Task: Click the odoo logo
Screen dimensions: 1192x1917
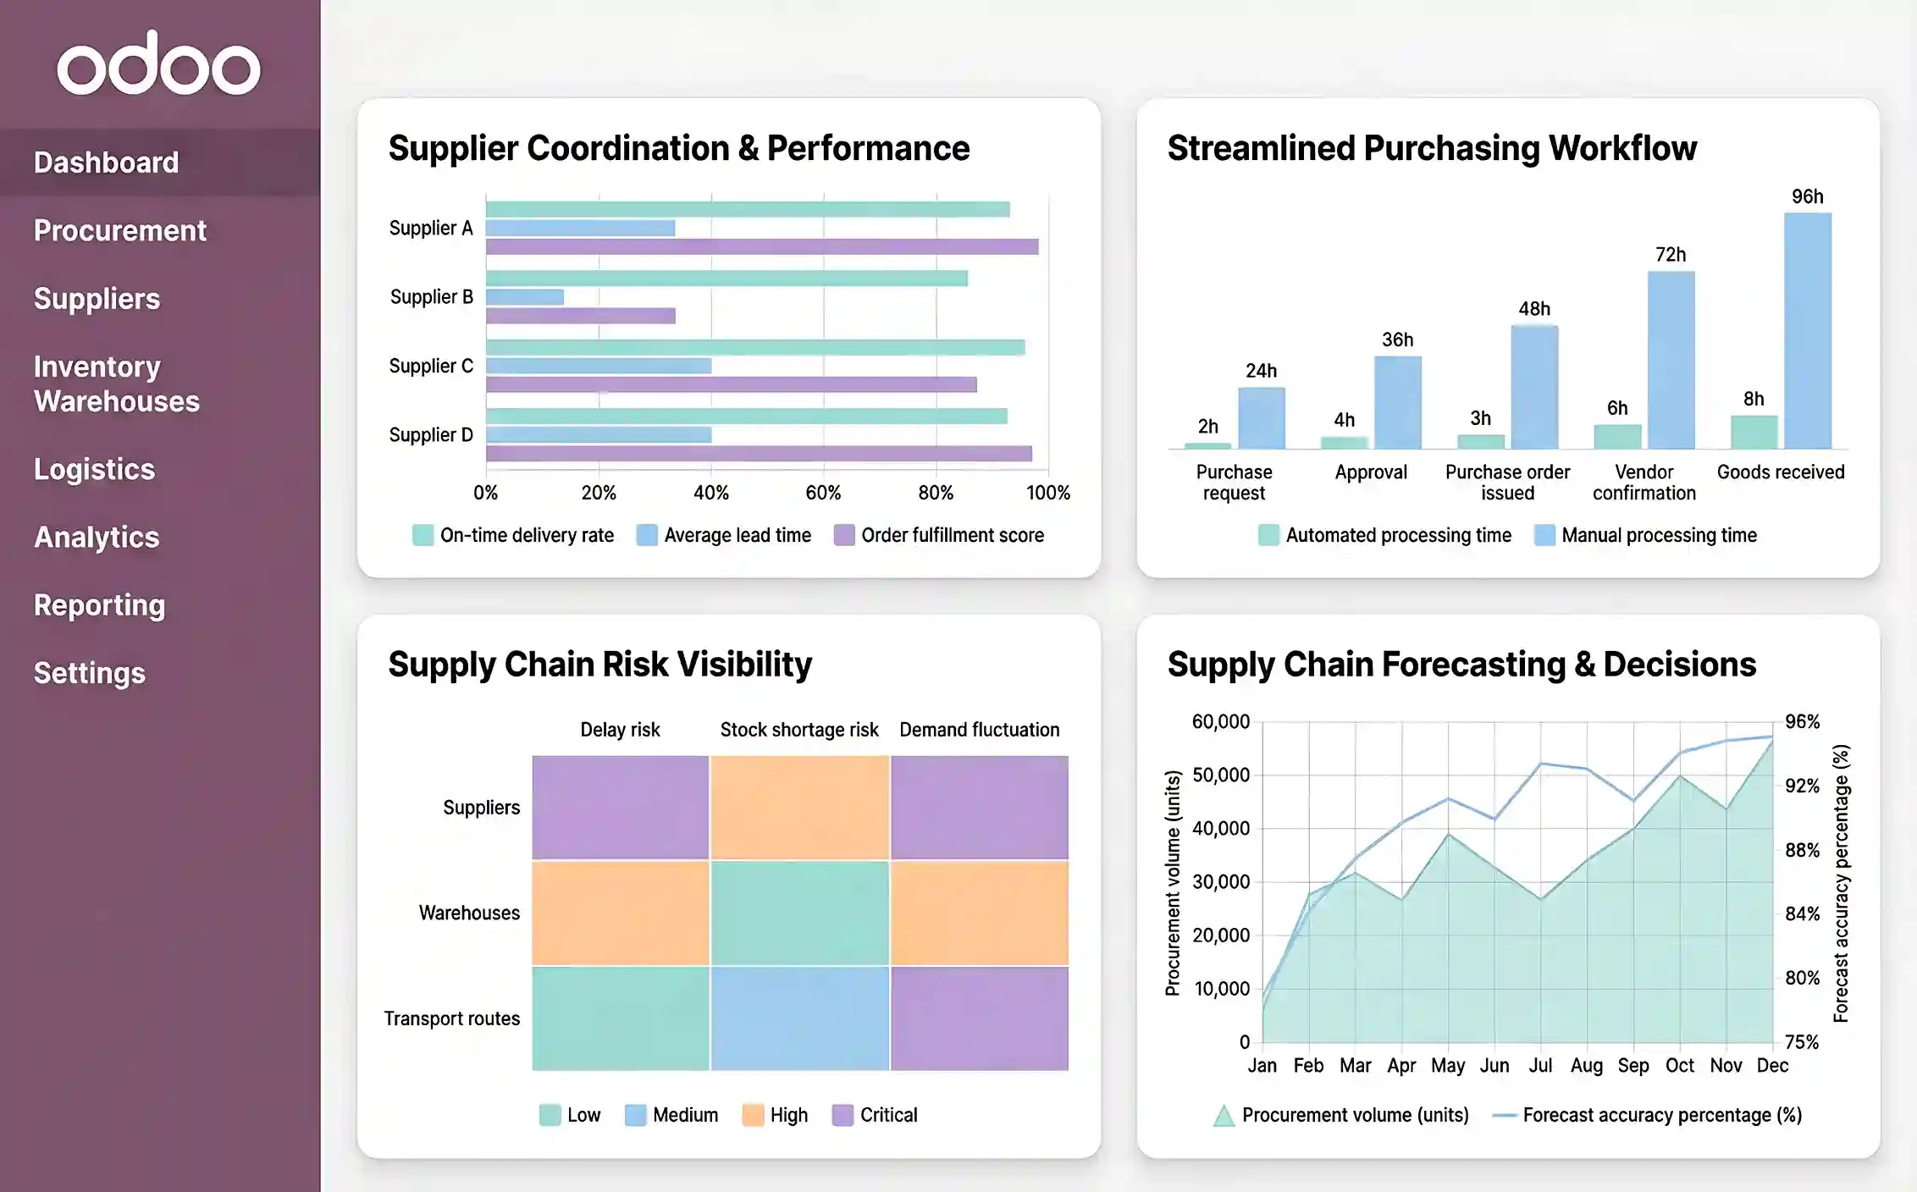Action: point(158,64)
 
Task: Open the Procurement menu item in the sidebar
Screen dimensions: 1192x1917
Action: point(119,230)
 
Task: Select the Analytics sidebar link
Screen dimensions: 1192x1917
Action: point(97,537)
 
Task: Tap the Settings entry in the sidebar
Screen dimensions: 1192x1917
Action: point(90,673)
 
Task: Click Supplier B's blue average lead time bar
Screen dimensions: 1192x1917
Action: point(525,297)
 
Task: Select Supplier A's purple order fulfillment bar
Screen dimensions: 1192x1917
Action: point(762,247)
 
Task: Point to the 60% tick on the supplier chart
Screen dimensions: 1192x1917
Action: point(823,493)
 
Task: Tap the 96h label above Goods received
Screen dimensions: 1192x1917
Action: point(1807,196)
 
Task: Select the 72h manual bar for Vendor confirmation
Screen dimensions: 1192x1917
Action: point(1671,360)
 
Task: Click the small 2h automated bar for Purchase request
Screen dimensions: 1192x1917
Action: point(1207,445)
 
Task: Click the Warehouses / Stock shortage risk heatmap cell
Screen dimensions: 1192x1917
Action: point(799,913)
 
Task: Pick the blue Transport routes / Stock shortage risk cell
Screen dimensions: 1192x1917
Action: point(799,1018)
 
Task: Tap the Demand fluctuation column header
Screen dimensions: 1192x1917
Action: point(979,730)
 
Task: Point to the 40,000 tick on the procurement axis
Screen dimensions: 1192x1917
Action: point(1220,828)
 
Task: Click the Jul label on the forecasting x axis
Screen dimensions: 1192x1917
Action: point(1540,1066)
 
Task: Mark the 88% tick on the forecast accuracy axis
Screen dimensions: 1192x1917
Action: point(1802,850)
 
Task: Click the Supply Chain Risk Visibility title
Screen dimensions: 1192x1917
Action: point(599,665)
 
